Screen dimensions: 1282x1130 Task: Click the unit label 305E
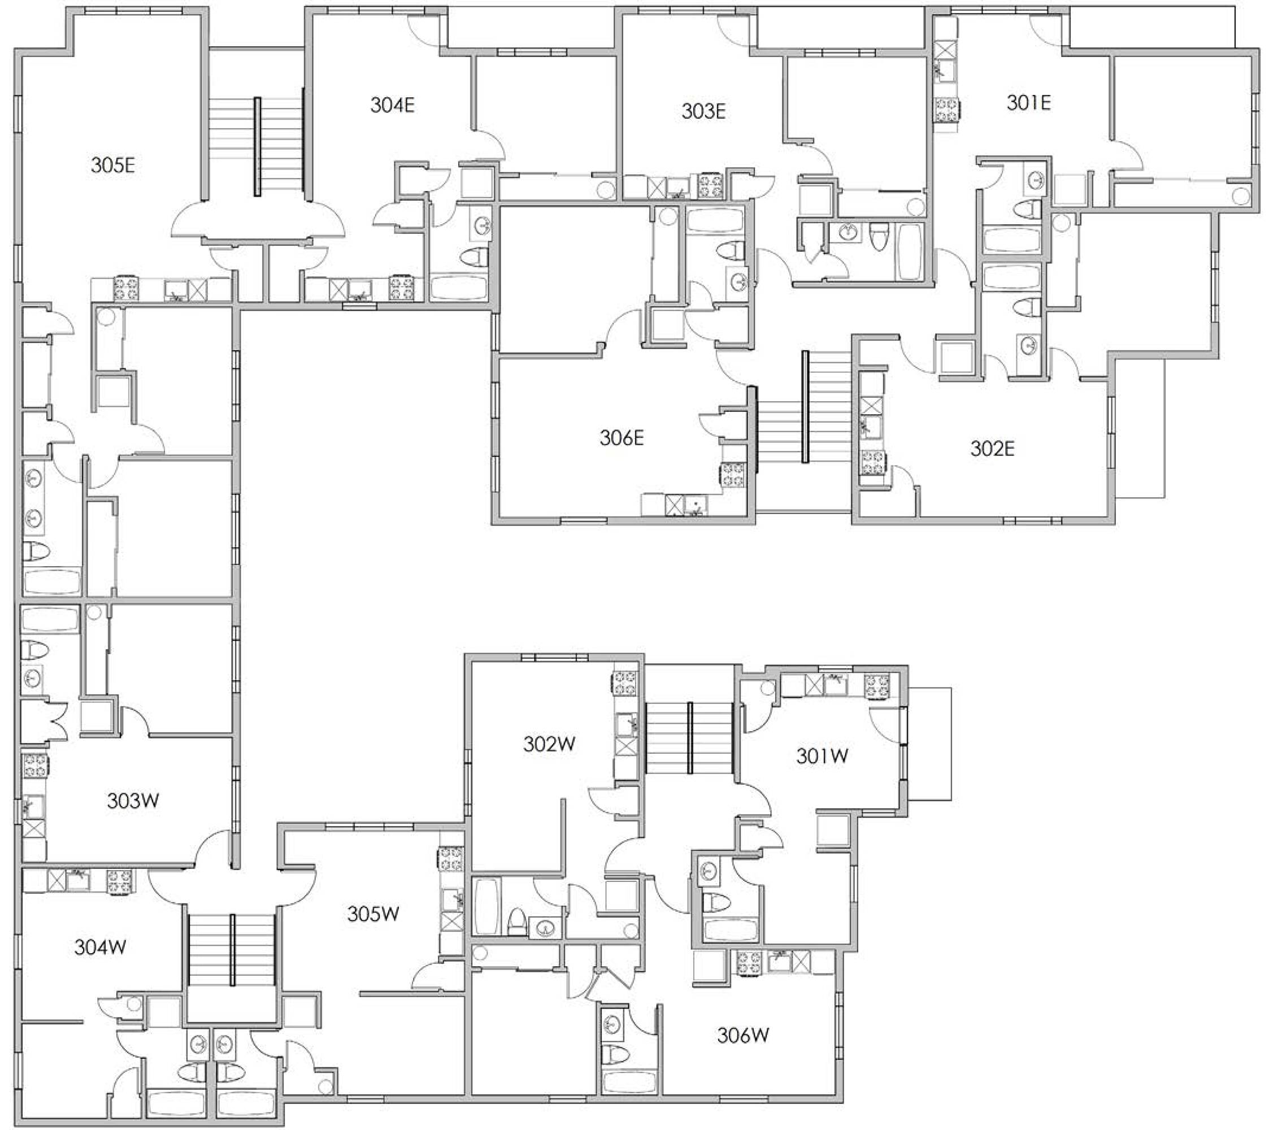click(x=113, y=166)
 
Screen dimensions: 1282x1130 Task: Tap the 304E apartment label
click(x=392, y=105)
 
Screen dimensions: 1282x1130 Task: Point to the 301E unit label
click(x=1029, y=102)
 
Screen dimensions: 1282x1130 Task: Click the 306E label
click(x=622, y=437)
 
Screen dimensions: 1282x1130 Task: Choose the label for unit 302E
click(x=992, y=449)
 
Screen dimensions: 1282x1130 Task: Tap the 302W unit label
click(x=549, y=744)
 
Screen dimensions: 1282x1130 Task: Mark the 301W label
click(x=822, y=757)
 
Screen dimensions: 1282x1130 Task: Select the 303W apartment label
click(x=133, y=801)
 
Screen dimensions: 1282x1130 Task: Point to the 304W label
click(x=101, y=947)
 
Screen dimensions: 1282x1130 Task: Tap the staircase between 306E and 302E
click(x=805, y=407)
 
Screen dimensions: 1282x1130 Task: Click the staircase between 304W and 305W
click(x=232, y=950)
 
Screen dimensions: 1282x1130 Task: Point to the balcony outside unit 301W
click(x=929, y=744)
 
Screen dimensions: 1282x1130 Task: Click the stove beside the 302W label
click(x=625, y=683)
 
